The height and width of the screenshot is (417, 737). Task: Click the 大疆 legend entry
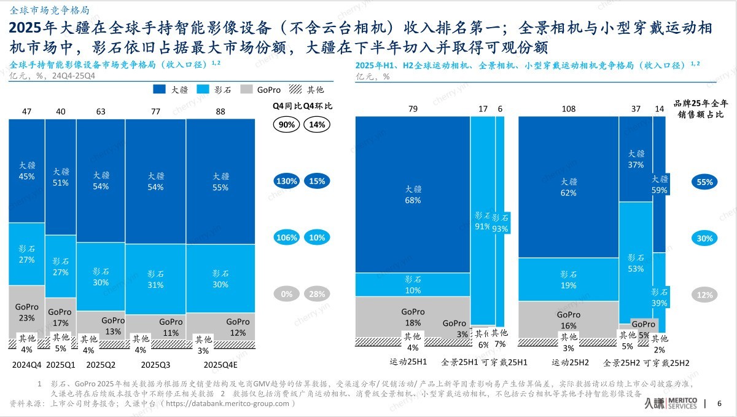coord(175,90)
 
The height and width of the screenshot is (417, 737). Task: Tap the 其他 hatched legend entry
coord(308,90)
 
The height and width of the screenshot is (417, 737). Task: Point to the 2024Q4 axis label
coord(26,364)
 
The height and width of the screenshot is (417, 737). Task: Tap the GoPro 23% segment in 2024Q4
coord(26,312)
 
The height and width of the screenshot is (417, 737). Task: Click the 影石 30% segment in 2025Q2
coord(101,277)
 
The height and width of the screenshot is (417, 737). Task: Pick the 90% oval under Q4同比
coord(287,124)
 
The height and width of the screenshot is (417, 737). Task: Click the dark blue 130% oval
coord(287,181)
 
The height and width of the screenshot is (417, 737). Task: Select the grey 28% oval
coord(318,295)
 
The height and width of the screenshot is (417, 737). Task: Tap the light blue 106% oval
coord(287,238)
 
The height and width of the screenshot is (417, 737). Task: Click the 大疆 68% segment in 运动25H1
coord(413,194)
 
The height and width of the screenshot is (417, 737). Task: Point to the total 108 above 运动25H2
coord(569,109)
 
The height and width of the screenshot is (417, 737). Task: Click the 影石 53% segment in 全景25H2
coord(636,263)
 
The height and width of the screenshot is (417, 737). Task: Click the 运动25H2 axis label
coord(569,363)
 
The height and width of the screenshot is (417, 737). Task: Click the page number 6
coord(720,403)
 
